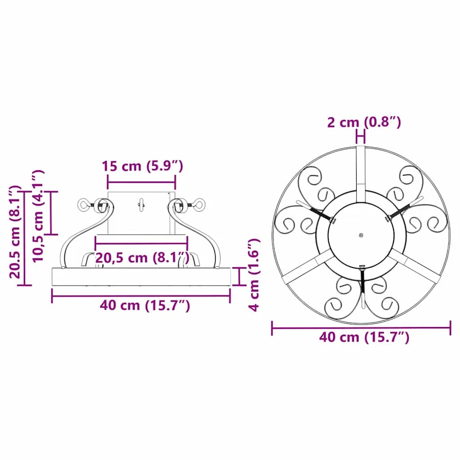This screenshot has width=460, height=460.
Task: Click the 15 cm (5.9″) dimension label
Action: [x=142, y=166]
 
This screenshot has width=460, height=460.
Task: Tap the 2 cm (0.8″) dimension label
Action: [x=364, y=122]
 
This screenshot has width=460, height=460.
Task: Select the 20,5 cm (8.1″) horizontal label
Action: [x=142, y=258]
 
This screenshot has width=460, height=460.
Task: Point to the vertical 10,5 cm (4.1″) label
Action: [x=38, y=216]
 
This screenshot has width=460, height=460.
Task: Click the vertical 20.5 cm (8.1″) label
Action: [x=15, y=232]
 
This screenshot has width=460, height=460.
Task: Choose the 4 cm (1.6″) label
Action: [x=254, y=274]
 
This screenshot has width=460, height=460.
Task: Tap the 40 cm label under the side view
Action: [x=145, y=306]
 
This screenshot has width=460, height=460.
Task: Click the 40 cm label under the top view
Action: [x=364, y=337]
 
